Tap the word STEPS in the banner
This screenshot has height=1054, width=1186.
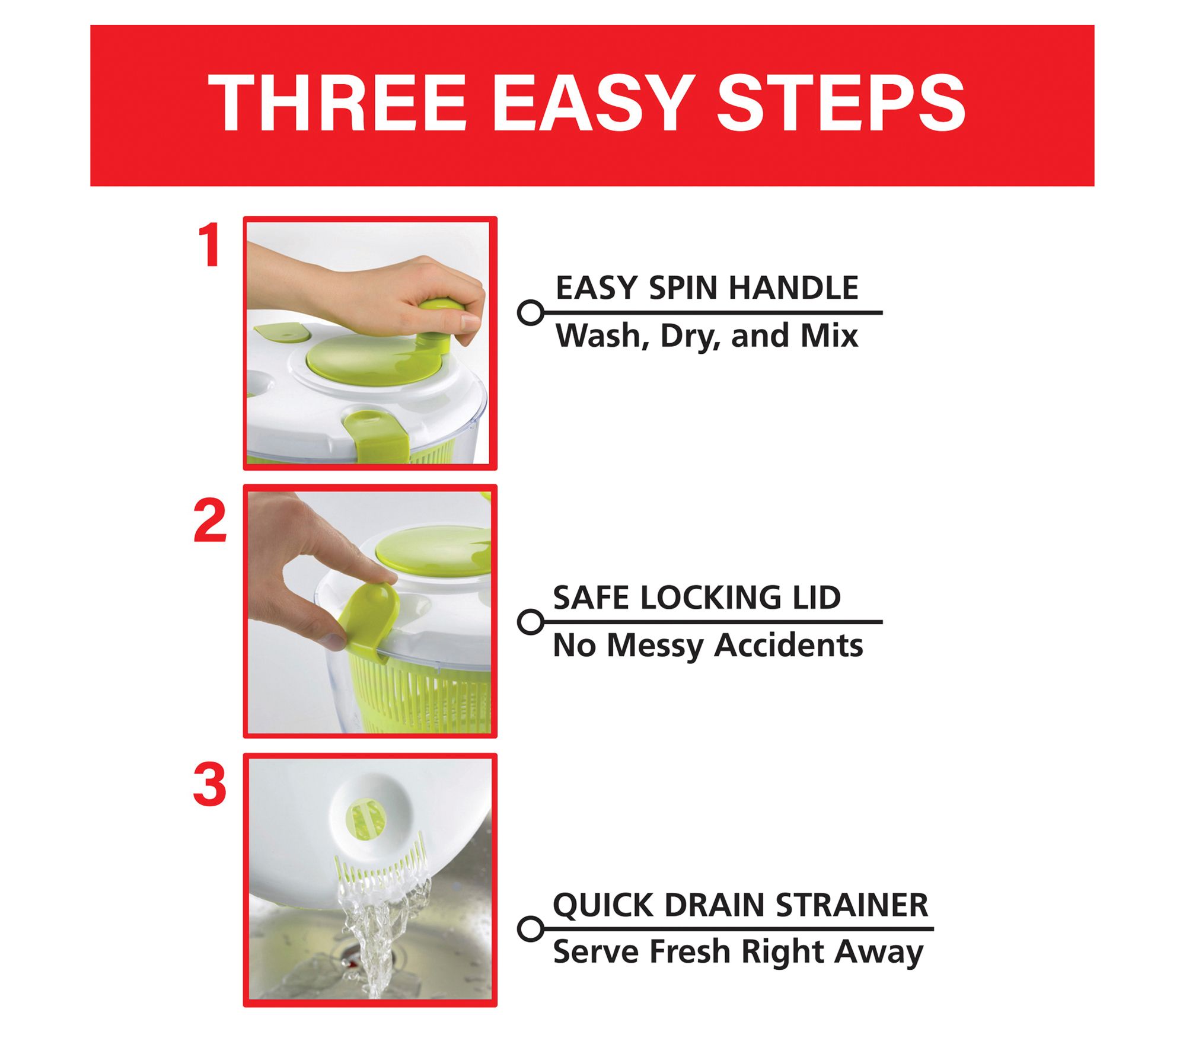click(x=841, y=104)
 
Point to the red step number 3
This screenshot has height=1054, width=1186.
click(x=209, y=785)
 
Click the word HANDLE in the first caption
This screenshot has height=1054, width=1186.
click(x=793, y=288)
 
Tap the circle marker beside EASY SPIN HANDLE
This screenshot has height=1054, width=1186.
click(x=531, y=312)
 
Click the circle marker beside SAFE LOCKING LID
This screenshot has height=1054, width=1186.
click(x=531, y=622)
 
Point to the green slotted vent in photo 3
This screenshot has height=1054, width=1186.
click(x=365, y=820)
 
